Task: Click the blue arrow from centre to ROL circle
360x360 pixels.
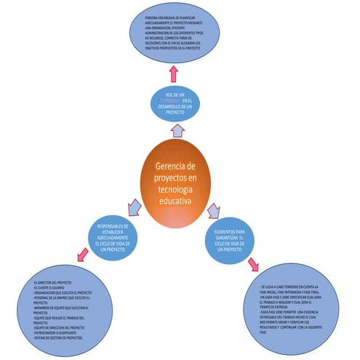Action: (x=175, y=130)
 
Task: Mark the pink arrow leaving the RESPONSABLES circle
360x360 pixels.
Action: (x=82, y=255)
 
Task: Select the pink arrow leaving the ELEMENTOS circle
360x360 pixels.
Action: (x=253, y=263)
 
